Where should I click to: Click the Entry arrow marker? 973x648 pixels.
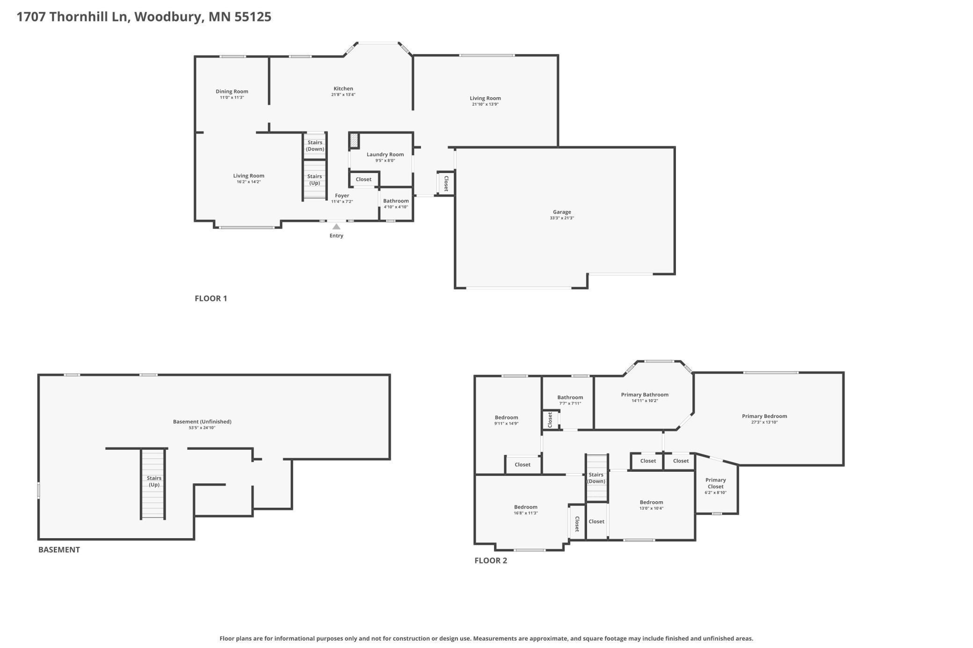(x=336, y=227)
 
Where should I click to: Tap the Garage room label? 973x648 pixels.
(x=562, y=212)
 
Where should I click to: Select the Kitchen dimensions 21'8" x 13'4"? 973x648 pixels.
(x=343, y=94)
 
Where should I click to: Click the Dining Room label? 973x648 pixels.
(x=232, y=91)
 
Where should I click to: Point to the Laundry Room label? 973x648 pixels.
(x=385, y=154)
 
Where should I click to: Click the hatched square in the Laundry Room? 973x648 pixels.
(x=355, y=140)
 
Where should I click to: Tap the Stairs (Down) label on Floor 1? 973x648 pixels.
(x=315, y=145)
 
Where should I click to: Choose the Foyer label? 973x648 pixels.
(x=342, y=195)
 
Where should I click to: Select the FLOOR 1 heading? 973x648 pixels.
(x=211, y=298)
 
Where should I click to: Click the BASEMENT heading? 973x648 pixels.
(x=59, y=549)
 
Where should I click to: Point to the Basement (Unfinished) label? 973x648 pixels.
(x=202, y=421)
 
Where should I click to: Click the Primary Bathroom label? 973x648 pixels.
(x=645, y=395)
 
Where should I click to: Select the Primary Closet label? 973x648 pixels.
(x=716, y=483)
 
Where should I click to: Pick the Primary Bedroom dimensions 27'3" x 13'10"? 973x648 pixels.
(x=764, y=422)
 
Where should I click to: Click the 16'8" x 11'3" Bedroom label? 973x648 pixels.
(x=526, y=507)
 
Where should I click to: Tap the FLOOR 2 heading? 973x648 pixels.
(x=491, y=561)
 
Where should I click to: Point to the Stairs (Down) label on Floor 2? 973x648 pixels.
(x=596, y=478)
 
